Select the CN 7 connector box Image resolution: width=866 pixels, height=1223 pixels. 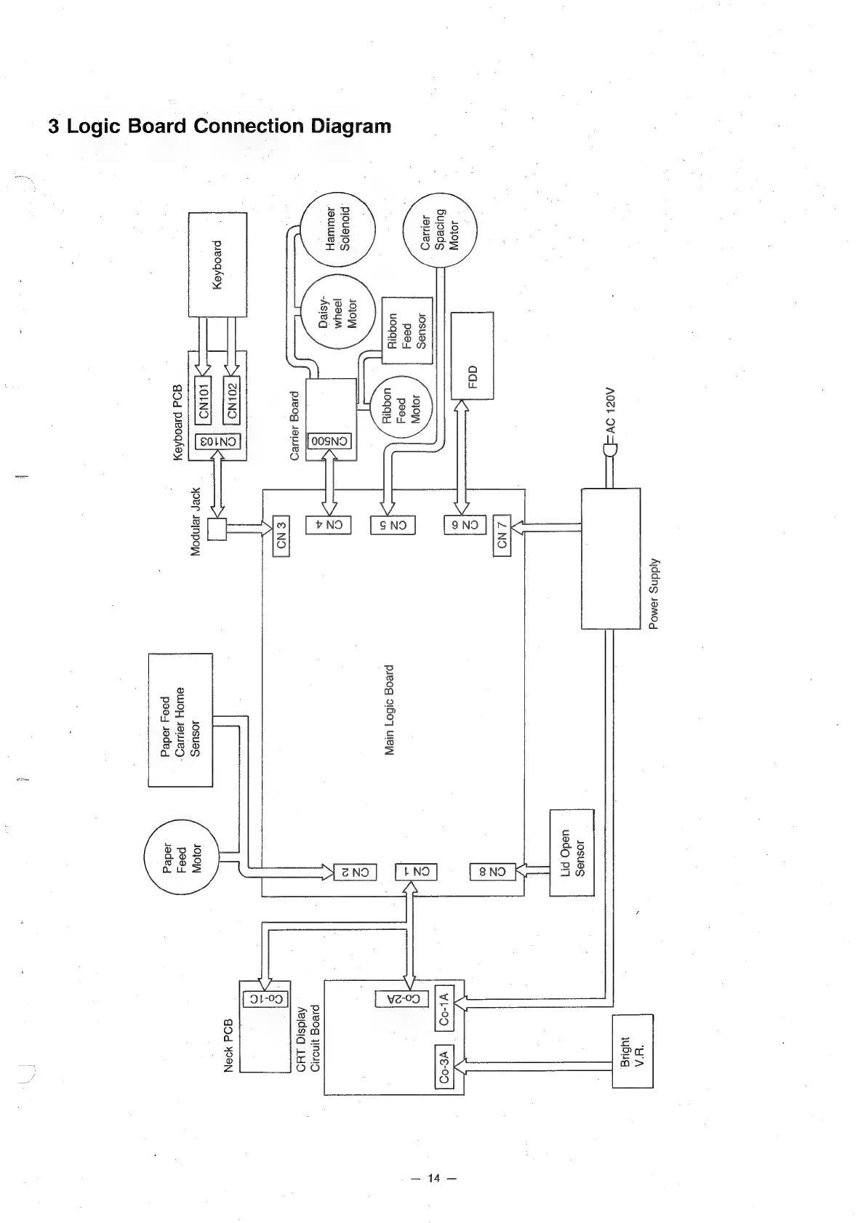click(501, 534)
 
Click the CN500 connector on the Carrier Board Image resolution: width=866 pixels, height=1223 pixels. click(329, 441)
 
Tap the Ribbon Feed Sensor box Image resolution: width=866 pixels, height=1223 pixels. click(407, 331)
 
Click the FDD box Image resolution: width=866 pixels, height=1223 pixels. click(473, 356)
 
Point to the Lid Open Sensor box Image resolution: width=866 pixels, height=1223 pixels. click(572, 853)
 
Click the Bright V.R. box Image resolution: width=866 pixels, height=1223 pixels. click(633, 1051)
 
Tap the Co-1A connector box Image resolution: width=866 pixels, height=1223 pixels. click(444, 1007)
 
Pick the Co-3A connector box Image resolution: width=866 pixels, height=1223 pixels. click(444, 1065)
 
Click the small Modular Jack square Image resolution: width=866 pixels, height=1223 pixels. click(217, 529)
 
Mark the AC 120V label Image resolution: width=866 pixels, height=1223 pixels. click(611, 411)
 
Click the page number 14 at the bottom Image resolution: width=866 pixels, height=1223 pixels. click(434, 1179)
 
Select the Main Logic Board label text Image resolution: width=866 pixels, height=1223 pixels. click(389, 710)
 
